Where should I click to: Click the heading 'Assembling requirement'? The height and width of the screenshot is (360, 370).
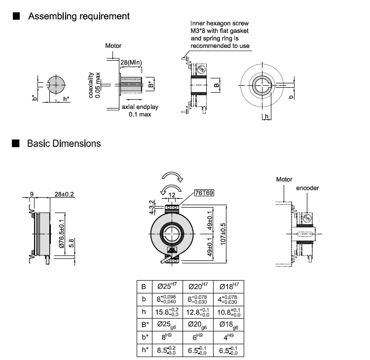coord(79,16)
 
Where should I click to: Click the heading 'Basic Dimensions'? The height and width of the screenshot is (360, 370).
coord(64,144)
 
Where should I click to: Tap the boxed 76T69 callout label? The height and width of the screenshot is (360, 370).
coord(204,193)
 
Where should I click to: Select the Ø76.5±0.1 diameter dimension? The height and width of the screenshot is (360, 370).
coord(61,234)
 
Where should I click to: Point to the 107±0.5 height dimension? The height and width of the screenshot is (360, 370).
coord(223,234)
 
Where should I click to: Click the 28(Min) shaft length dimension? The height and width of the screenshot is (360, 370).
coord(131,63)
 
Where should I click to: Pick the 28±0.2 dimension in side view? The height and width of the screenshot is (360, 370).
coord(64,194)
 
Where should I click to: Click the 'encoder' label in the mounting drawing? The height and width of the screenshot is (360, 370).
coord(307,188)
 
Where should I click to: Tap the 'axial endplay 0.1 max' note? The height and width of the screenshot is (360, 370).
coord(140,110)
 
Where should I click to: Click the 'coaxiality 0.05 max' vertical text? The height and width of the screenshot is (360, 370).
coord(94,85)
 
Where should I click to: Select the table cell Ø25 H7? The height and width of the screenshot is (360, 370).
coord(167,287)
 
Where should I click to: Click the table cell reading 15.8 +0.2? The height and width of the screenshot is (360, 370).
coord(167,312)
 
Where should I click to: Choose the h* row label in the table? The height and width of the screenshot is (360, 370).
coord(145,350)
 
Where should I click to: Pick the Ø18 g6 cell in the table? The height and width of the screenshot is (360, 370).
coord(228,325)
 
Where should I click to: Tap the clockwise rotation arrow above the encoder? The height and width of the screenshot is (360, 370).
coord(172,177)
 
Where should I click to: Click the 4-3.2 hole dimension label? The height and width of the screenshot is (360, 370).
coord(152,207)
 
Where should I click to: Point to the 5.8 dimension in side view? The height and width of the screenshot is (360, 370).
coord(71,243)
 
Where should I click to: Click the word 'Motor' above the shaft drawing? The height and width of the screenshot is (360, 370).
coord(113,46)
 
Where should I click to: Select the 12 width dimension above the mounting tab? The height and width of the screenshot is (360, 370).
coord(172,195)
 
